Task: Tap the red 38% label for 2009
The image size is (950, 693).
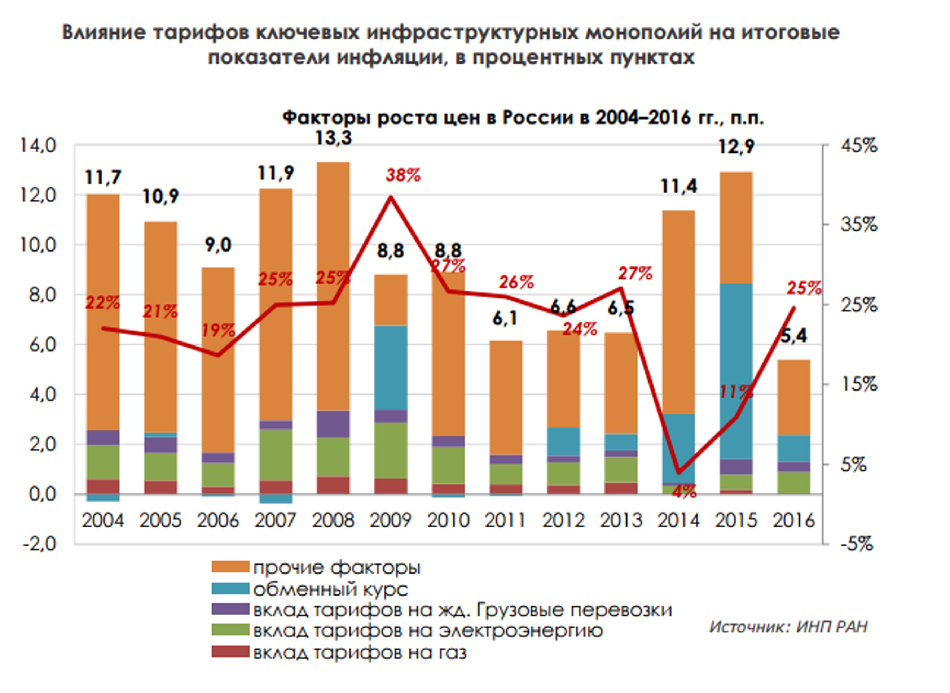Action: [403, 175]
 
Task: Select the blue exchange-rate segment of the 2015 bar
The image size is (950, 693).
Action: [736, 371]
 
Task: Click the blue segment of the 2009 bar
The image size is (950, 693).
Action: [391, 367]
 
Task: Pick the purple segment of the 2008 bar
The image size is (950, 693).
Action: [333, 424]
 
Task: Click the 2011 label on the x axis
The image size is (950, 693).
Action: [505, 520]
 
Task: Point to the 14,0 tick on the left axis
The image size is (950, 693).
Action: [38, 146]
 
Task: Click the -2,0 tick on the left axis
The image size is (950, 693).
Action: [39, 544]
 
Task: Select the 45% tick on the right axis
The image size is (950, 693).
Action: [859, 146]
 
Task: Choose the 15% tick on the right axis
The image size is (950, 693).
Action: [859, 384]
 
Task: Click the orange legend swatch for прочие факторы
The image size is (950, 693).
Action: [230, 567]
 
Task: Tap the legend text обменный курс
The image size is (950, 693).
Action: [331, 589]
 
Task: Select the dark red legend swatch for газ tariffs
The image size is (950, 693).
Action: [230, 652]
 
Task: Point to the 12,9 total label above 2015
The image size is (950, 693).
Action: [736, 147]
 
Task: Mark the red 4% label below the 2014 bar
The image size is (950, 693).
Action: [684, 491]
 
